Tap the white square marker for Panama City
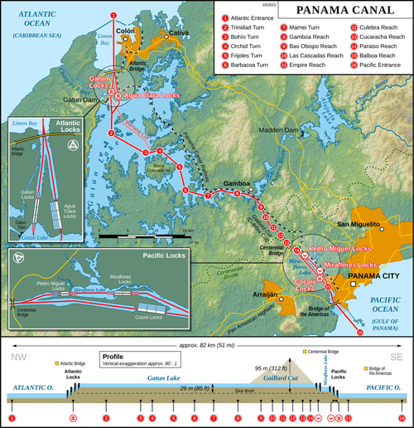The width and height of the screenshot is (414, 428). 353,285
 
